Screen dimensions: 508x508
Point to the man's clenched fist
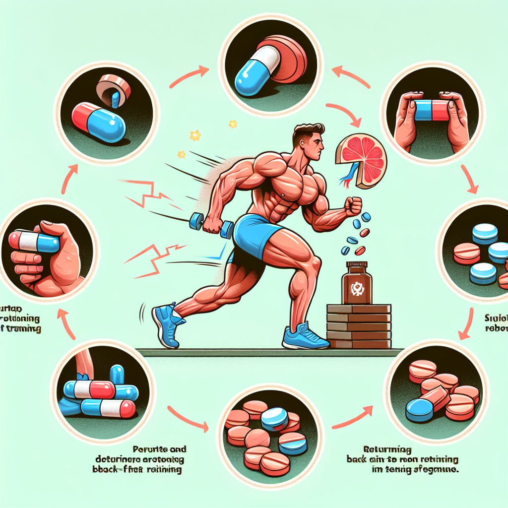click(x=353, y=206)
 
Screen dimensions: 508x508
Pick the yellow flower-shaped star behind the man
click(x=195, y=135)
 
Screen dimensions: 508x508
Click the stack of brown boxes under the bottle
click(x=359, y=326)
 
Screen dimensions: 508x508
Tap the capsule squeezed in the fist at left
click(x=35, y=242)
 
